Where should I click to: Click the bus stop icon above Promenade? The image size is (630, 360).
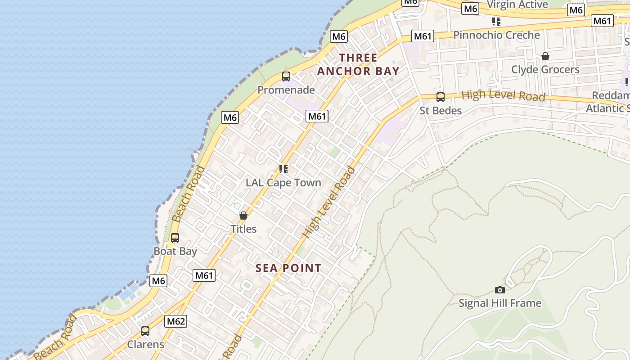(x=286, y=76)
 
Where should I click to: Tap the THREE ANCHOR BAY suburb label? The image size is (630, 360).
(x=358, y=64)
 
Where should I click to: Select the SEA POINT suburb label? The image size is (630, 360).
(x=288, y=268)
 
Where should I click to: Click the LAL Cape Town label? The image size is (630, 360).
(x=283, y=183)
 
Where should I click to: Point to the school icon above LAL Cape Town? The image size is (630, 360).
(x=283, y=169)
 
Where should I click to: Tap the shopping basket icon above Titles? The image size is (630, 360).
(x=243, y=216)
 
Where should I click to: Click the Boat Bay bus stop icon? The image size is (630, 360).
(x=175, y=238)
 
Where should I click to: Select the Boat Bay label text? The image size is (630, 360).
(x=175, y=251)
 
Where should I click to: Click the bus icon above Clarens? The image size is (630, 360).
(x=145, y=331)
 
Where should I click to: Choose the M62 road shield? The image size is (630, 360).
(x=175, y=321)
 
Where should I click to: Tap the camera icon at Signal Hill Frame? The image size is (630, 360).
(x=500, y=290)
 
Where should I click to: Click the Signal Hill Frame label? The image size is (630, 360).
(x=500, y=303)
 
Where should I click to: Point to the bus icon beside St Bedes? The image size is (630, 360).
(x=441, y=97)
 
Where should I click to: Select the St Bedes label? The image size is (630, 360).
(x=441, y=111)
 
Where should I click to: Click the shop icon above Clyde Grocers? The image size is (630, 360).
(x=545, y=56)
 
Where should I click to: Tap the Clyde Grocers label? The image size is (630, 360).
(x=545, y=70)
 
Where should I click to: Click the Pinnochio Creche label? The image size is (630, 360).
(x=496, y=35)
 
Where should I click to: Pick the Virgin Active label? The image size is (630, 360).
(x=517, y=4)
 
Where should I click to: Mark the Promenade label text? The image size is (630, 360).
(x=286, y=90)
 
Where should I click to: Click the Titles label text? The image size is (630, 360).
(x=243, y=229)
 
